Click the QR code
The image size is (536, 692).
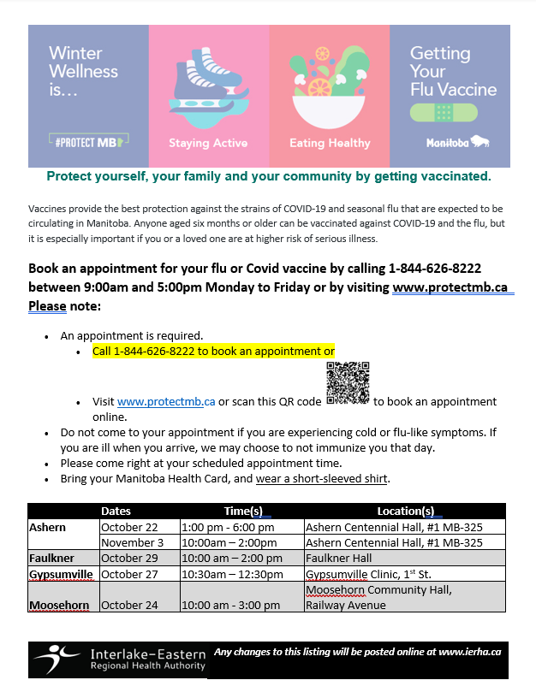pos(348,382)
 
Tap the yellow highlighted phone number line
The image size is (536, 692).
pos(213,352)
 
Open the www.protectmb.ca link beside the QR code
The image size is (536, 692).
pos(166,402)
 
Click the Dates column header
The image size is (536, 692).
pos(116,512)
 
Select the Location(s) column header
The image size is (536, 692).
pos(405,512)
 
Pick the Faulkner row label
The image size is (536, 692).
pos(52,558)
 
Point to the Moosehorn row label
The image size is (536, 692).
pos(59,605)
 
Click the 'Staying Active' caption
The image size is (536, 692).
pos(208,143)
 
